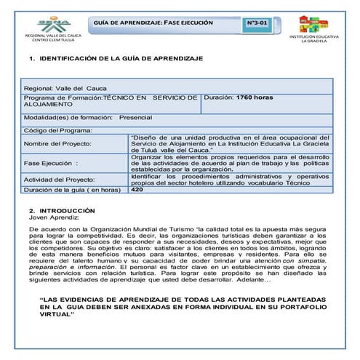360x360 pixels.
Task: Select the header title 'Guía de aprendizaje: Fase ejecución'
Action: (x=153, y=23)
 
